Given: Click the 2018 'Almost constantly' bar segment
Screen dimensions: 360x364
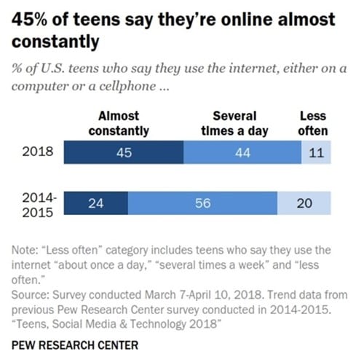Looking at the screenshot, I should click(x=123, y=153).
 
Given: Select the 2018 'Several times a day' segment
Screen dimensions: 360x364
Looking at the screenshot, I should click(x=242, y=153).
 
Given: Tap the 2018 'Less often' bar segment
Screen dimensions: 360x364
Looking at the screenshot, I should click(x=316, y=153).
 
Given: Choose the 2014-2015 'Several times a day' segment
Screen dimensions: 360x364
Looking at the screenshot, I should click(x=203, y=203).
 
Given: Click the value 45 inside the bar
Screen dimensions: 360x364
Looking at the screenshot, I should click(x=124, y=153).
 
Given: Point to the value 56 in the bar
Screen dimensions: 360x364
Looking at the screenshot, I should click(x=203, y=203).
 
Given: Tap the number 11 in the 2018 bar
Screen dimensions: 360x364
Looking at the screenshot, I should click(x=316, y=153).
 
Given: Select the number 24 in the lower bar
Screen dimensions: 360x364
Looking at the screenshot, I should click(x=95, y=203).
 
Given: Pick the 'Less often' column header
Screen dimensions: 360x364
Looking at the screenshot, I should click(x=314, y=123).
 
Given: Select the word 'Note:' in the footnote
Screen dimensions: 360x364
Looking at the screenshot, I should click(x=27, y=251).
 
